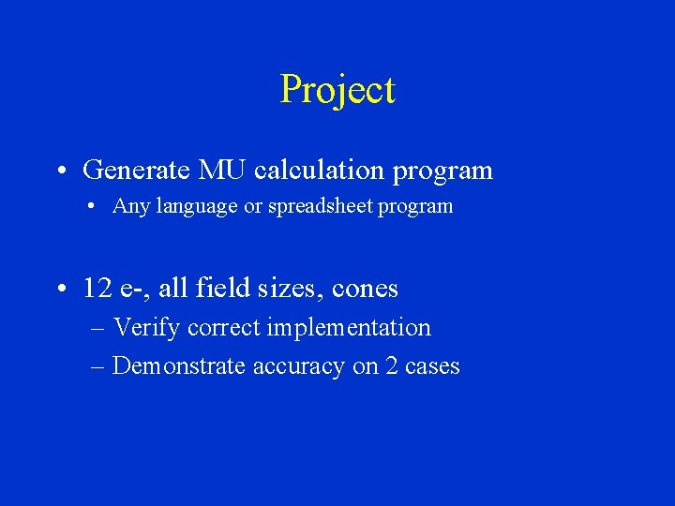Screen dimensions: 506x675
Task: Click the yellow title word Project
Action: (337, 91)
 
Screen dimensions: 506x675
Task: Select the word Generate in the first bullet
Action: (137, 171)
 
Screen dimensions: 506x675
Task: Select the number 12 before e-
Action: (97, 289)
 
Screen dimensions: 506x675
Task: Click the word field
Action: (217, 289)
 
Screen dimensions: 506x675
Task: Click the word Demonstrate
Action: (180, 366)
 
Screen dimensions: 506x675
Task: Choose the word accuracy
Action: (299, 366)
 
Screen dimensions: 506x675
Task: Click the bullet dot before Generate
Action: (61, 171)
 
